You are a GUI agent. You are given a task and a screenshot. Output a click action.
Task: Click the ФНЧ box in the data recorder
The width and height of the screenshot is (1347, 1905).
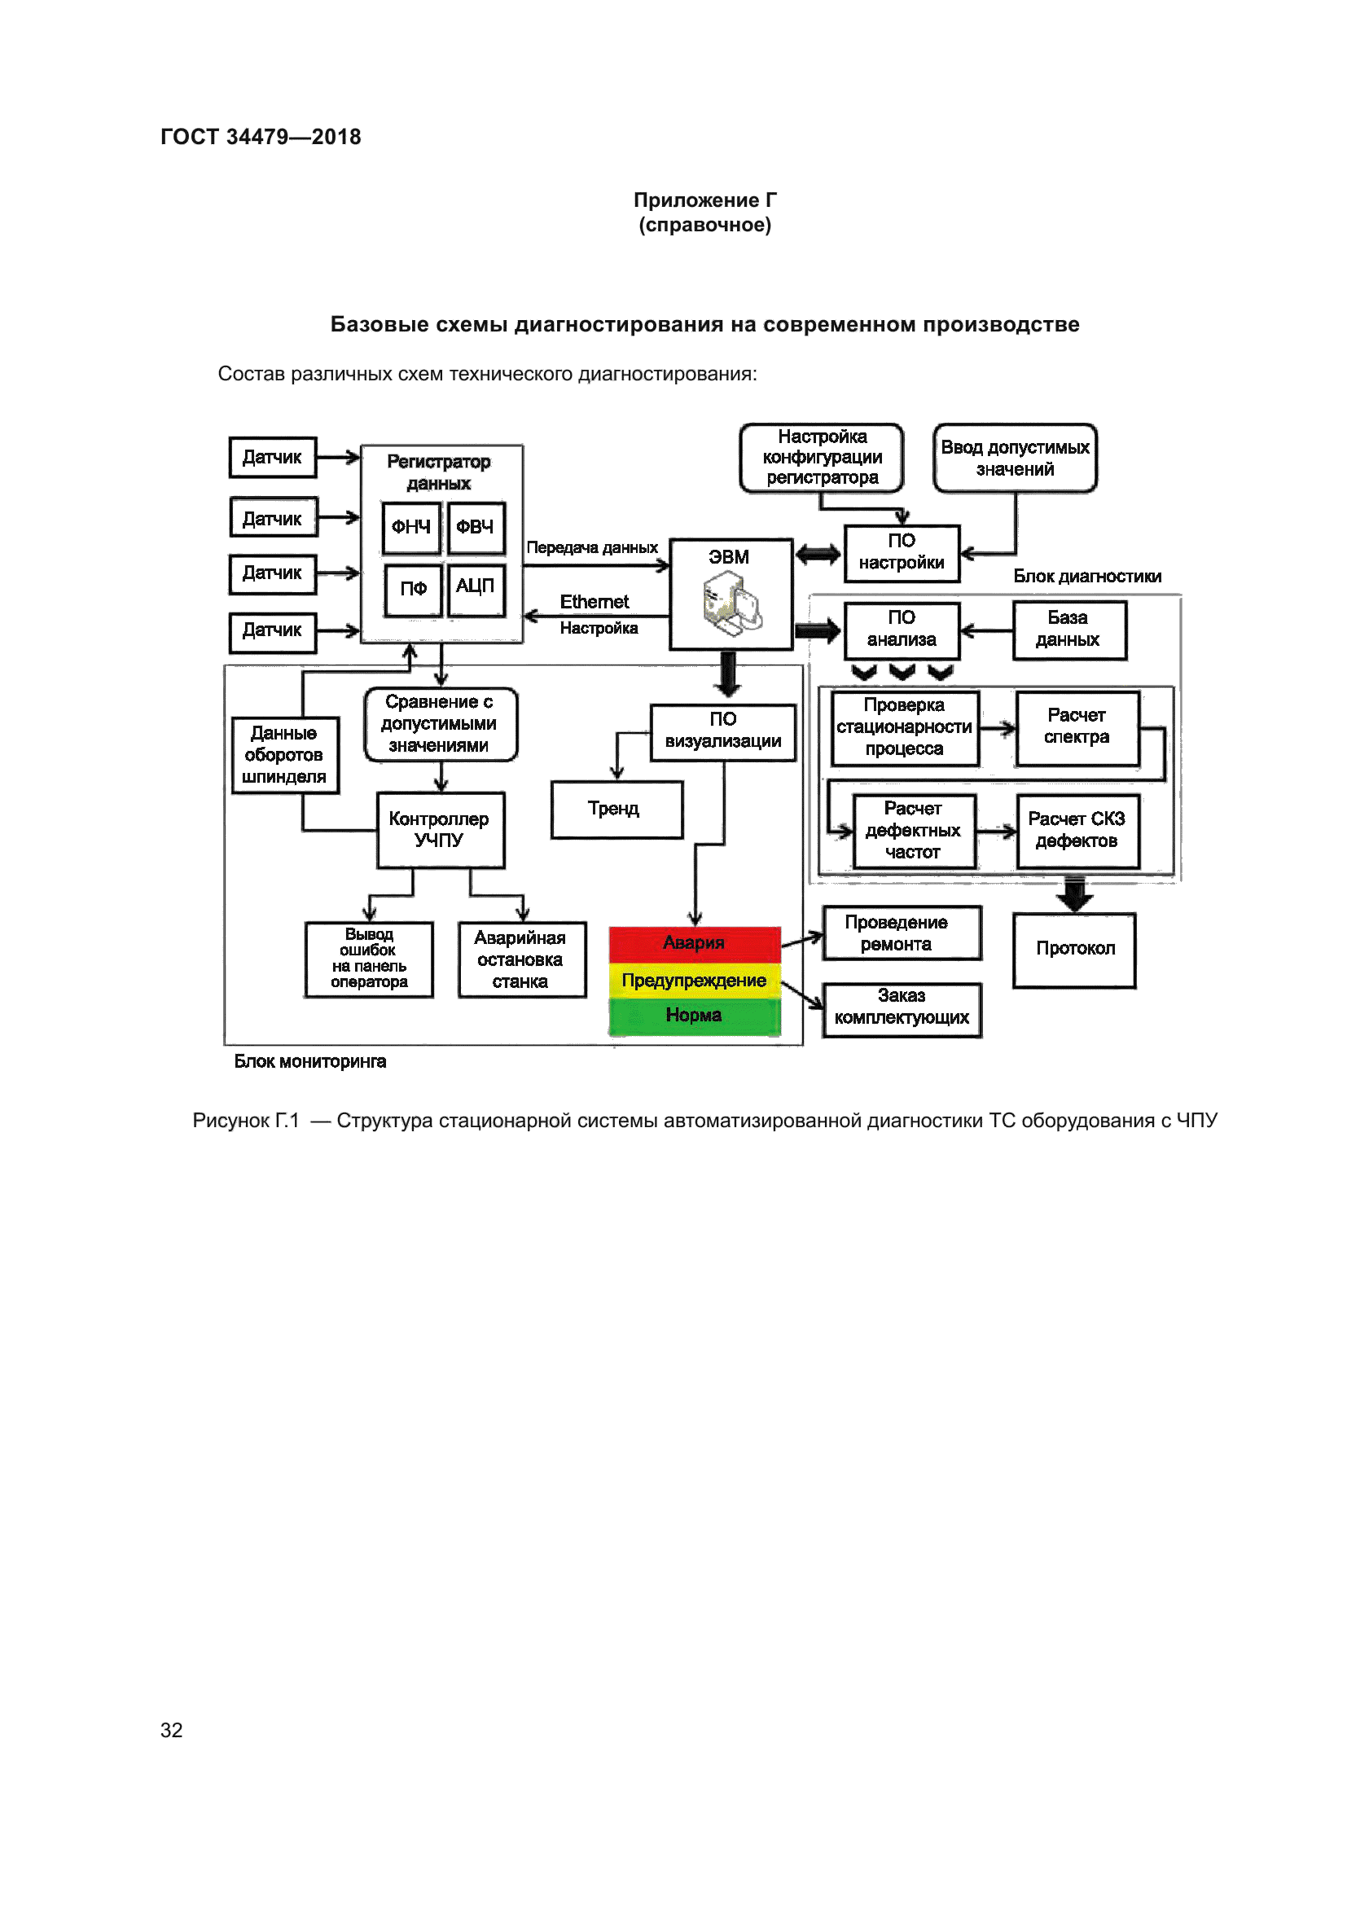pos(410,528)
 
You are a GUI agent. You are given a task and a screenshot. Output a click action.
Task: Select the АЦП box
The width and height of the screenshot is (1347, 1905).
pos(476,588)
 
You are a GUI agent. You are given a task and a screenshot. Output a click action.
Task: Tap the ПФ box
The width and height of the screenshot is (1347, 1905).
pos(413,589)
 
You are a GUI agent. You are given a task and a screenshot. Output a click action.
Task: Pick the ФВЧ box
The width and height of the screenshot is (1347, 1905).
pos(476,528)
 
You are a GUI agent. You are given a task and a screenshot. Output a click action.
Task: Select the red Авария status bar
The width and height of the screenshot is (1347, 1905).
pos(694,943)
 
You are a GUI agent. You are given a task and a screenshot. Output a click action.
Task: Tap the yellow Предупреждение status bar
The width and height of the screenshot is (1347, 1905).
pos(694,981)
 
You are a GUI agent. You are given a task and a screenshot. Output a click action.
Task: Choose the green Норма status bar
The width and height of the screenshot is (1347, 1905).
pos(694,1016)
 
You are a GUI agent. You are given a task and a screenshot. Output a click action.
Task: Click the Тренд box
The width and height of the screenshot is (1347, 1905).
pos(616,809)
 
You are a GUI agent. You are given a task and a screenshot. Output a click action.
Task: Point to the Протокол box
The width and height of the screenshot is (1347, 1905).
pos(1074,949)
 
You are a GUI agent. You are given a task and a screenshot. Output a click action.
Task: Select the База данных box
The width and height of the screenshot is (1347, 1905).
pos(1069,630)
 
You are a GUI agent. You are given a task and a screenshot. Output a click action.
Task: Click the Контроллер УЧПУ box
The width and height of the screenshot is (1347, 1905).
pos(441,830)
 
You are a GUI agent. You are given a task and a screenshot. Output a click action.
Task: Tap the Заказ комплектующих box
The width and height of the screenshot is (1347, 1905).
pos(902,1009)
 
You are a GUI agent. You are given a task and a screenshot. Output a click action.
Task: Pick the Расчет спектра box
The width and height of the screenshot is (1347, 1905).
pos(1077,727)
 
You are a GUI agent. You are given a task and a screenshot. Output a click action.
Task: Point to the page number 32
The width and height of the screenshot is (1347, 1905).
pos(172,1730)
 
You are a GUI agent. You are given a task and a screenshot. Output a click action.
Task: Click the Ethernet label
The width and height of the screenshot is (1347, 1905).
pos(594,603)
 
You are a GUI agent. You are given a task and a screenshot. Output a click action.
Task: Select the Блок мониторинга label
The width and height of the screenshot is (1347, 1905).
pos(310,1062)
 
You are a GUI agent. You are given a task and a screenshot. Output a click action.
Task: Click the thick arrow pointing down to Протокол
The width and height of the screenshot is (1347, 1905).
pos(1075,894)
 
